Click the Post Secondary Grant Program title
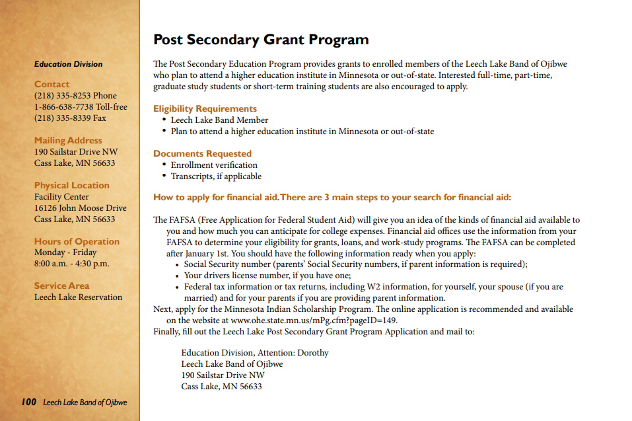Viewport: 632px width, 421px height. pos(261,40)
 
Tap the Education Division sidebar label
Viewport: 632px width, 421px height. pos(69,64)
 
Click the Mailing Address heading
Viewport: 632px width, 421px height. pos(68,140)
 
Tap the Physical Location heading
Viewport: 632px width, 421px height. pos(72,185)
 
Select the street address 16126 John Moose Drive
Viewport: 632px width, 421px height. pos(81,208)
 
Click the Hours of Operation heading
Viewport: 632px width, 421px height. pos(77,241)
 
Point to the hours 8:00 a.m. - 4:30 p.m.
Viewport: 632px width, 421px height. pos(72,264)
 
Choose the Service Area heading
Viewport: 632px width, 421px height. pos(61,286)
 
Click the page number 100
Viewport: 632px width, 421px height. pos(28,402)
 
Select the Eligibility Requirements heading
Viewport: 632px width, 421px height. pos(205,108)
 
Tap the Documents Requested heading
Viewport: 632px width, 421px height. pos(202,153)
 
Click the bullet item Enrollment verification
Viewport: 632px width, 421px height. pos(214,165)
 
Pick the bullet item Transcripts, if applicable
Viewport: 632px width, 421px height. pos(216,176)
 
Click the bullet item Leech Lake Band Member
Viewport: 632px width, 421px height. pos(219,120)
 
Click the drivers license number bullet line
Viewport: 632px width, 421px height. pos(267,276)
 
